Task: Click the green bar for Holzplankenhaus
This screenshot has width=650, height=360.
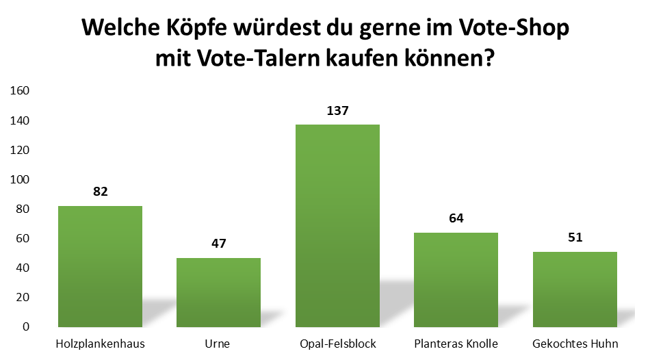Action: [x=100, y=266]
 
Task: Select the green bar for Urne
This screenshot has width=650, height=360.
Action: [x=218, y=292]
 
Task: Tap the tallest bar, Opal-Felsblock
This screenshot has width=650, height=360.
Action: [x=337, y=225]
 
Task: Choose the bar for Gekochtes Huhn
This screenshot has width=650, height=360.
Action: [x=575, y=289]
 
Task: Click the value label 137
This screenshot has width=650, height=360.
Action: [x=337, y=110]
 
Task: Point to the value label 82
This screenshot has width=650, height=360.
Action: [x=101, y=192]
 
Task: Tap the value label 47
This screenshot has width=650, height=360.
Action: [x=219, y=243]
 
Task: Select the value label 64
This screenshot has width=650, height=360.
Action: [x=456, y=218]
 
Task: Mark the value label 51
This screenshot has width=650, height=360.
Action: [x=575, y=237]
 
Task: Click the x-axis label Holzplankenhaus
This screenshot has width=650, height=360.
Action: [x=101, y=343]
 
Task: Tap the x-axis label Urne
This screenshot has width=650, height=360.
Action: [x=219, y=343]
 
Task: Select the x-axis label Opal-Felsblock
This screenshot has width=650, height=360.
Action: [x=337, y=343]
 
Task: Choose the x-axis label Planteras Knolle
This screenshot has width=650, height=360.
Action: [x=456, y=343]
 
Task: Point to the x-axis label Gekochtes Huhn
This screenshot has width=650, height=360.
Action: [x=575, y=343]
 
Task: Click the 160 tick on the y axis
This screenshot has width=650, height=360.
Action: [x=21, y=91]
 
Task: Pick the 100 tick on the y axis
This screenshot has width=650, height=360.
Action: [x=21, y=179]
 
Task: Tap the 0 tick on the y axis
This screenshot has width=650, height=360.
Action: [x=27, y=326]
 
